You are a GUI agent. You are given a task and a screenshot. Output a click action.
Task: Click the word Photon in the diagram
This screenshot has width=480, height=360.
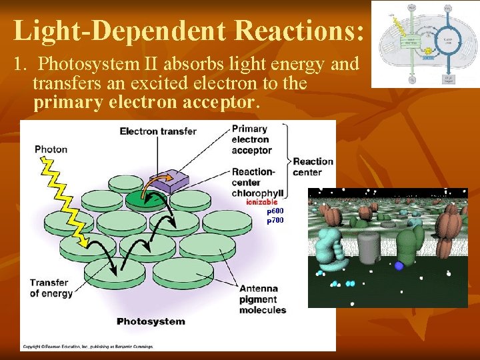click(51, 149)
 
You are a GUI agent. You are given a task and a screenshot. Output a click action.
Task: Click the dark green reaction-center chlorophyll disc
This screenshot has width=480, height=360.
click(144, 199)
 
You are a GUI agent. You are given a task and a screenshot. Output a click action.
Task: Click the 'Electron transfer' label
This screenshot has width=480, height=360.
click(158, 131)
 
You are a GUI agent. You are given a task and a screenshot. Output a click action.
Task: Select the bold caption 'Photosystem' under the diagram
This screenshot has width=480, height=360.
click(151, 321)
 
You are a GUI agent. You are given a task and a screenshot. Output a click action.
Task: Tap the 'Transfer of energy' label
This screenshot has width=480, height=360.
click(49, 288)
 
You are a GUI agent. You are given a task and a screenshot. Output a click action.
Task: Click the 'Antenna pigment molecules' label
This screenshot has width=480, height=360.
click(263, 299)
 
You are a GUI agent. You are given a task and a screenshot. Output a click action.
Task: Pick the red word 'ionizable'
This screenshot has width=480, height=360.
click(261, 202)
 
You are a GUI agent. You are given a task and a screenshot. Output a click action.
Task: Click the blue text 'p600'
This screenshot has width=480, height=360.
click(275, 211)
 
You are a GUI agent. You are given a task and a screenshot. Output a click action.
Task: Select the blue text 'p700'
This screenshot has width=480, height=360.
click(275, 220)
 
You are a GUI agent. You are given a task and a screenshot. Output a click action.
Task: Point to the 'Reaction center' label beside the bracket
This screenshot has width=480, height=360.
click(313, 167)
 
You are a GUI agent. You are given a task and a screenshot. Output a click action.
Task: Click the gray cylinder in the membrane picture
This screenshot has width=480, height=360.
click(368, 248)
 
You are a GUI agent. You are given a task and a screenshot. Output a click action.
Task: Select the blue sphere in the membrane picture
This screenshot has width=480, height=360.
click(399, 265)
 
